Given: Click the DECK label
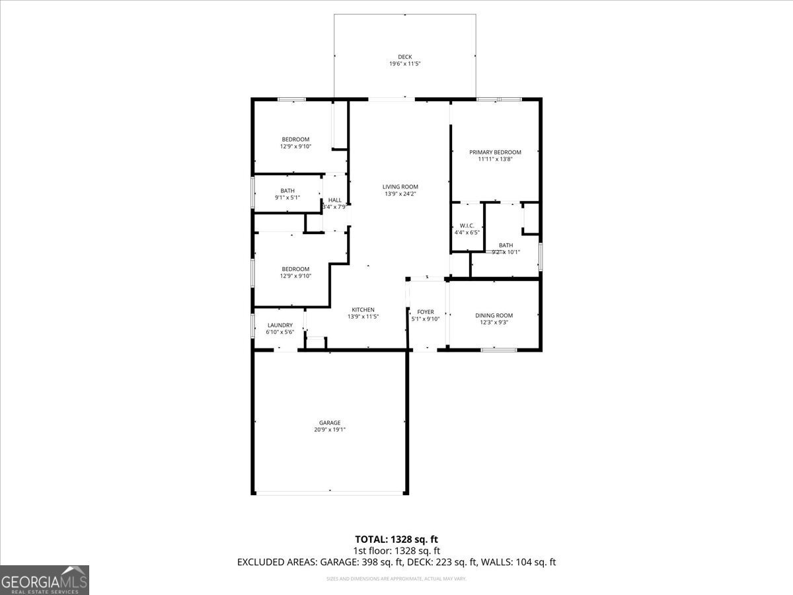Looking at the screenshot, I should click(x=404, y=57).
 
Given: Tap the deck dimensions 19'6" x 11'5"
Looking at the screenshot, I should click(x=404, y=64).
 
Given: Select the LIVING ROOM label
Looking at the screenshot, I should click(x=400, y=186).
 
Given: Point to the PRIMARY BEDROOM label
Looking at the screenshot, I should click(x=495, y=152).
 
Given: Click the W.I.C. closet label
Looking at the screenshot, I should click(x=466, y=225).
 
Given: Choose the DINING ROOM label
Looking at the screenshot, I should click(x=494, y=315).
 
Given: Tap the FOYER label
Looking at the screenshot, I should click(x=426, y=312).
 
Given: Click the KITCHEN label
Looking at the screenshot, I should click(x=363, y=309).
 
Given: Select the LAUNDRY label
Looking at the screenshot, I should click(x=280, y=325).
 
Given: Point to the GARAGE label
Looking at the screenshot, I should click(x=330, y=422).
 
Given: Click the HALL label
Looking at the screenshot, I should click(x=335, y=200).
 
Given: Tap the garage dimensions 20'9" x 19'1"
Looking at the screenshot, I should click(x=330, y=430).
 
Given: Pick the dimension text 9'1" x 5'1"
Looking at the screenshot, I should click(x=287, y=198).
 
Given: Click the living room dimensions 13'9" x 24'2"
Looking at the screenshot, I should click(x=400, y=194).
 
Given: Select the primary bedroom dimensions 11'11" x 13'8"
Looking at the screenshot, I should click(x=495, y=159).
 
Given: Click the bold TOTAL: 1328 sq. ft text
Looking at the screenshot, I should click(x=397, y=539).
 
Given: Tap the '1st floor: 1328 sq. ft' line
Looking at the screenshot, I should click(x=397, y=550).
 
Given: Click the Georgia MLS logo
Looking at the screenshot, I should click(x=44, y=580).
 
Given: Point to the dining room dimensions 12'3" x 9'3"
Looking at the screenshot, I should click(x=494, y=323).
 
